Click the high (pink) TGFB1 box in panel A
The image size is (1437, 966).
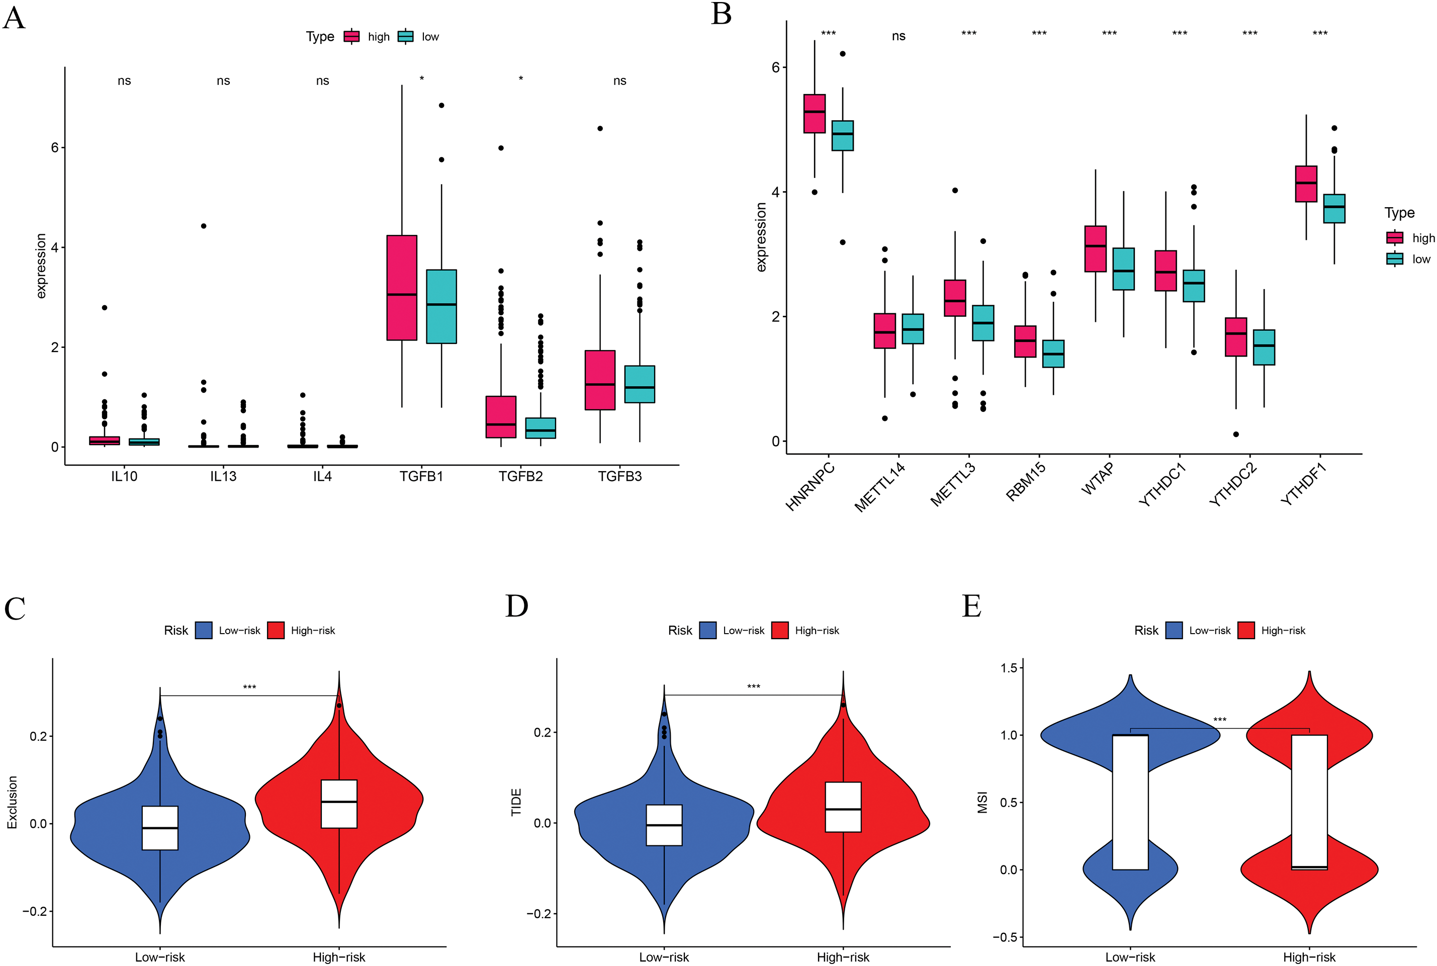tap(402, 288)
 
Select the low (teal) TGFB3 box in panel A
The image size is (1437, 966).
tap(640, 384)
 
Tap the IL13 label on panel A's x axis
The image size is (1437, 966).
tap(223, 476)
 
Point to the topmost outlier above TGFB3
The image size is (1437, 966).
tap(600, 129)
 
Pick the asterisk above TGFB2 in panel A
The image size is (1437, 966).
tap(520, 79)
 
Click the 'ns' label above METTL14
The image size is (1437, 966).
tap(899, 36)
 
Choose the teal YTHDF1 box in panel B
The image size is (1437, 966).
tap(1334, 209)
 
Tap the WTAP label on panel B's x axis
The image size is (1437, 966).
tap(1098, 479)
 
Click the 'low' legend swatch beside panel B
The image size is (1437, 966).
tap(1394, 259)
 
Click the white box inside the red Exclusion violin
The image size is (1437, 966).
tap(339, 804)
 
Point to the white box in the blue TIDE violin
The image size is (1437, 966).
tap(664, 825)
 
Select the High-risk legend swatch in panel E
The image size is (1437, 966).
tap(1246, 630)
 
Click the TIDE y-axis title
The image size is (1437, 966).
tap(516, 802)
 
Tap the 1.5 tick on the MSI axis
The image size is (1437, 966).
tap(1010, 668)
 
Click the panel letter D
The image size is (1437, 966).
tap(516, 606)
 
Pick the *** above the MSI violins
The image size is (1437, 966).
tap(1220, 720)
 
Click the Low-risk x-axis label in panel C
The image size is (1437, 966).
tap(160, 957)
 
